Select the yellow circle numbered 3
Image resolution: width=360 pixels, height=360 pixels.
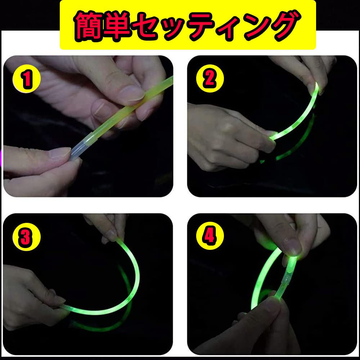[26, 238]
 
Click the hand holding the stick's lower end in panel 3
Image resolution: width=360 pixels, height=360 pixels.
[32, 292]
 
